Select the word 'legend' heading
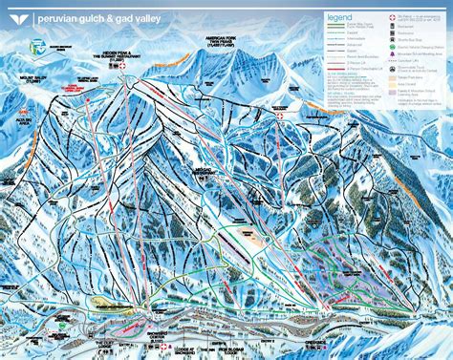coord(339,17)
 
